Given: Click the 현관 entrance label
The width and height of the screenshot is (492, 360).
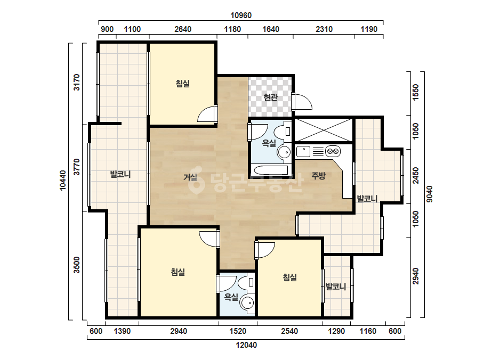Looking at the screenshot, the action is tap(270, 97).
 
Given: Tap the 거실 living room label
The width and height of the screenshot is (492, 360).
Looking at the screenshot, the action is tap(190, 177).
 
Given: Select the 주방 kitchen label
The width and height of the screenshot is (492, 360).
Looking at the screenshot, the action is tap(318, 176).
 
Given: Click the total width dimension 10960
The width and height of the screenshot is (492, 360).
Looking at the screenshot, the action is tap(241, 15).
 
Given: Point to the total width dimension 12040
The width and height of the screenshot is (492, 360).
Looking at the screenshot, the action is tap(246, 345).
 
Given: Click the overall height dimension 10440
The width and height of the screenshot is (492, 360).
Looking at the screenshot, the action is tap(63, 181).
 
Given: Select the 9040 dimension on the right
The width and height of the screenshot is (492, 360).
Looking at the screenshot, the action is tap(430, 194).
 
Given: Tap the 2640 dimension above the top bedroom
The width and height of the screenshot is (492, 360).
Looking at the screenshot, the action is tap(183, 29).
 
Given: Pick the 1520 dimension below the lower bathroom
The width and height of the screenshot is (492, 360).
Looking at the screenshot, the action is tap(238, 331).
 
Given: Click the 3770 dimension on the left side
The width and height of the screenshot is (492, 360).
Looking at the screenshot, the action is tap(77, 167).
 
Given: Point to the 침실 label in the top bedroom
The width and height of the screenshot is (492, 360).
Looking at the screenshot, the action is tap(183, 84).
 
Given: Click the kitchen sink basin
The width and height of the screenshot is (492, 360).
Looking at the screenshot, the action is tap(303, 152).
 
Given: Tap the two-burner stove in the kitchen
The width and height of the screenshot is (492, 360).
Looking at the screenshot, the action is tap(333, 151).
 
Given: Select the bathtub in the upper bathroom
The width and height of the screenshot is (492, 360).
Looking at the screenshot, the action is tap(271, 170).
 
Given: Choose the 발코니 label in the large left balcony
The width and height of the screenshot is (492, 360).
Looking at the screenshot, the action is tap(120, 174).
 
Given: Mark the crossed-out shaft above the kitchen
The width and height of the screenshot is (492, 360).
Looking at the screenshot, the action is tap(324, 130).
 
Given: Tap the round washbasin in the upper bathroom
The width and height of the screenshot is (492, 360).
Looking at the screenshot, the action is tap(285, 152).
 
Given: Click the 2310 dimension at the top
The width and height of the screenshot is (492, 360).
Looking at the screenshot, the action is tap(324, 29).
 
